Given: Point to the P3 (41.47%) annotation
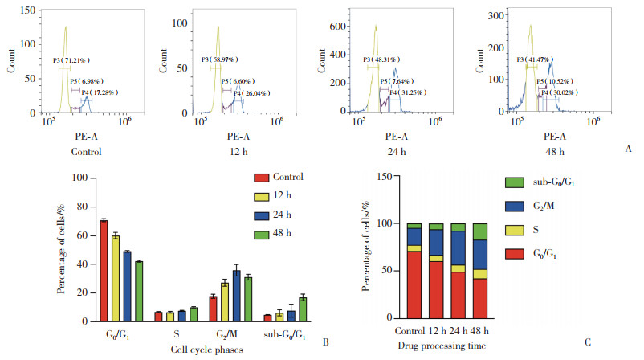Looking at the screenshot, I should pos(549,59).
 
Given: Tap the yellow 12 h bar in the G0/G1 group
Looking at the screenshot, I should pos(115,278).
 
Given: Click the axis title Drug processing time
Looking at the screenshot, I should pos(446,345).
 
